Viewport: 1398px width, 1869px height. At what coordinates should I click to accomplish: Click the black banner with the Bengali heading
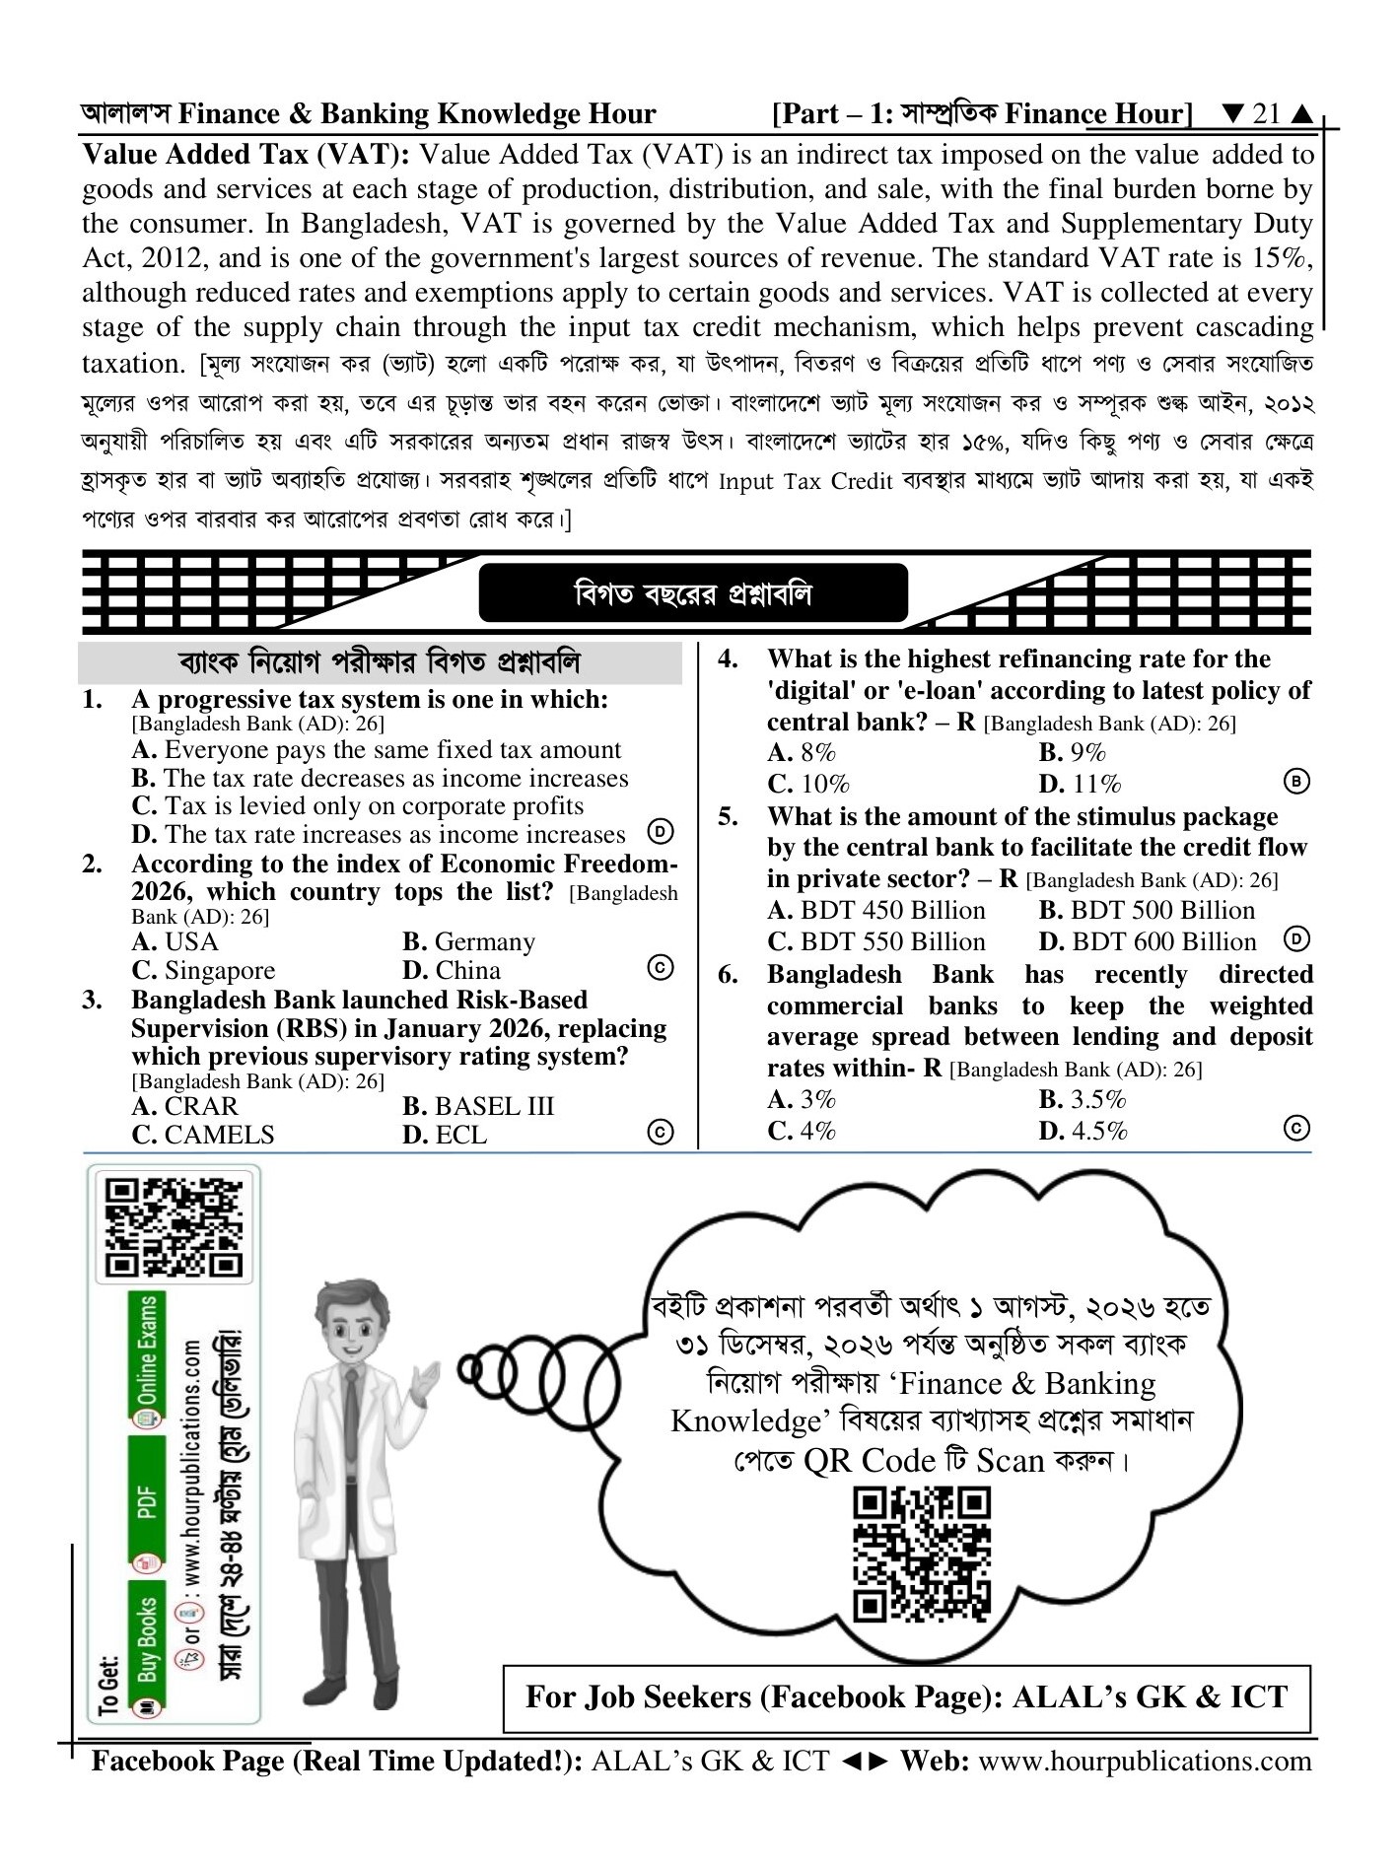693,593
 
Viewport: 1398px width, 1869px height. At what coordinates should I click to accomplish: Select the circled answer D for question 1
661,832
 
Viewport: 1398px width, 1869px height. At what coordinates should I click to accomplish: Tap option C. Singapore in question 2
203,971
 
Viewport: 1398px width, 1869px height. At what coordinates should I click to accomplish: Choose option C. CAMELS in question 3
203,1135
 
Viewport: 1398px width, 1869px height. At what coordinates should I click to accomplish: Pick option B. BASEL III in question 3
478,1106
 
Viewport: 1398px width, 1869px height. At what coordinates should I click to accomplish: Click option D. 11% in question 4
1080,784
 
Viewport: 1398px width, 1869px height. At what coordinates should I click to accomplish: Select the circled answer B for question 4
1297,782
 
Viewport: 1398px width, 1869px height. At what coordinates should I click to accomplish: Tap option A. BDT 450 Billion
876,910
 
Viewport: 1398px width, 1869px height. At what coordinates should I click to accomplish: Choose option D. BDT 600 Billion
1148,941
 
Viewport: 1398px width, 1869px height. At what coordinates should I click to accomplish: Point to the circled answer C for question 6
1297,1128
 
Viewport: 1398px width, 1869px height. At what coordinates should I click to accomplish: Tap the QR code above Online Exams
174,1227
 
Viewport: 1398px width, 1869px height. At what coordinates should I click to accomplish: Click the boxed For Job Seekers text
907,1697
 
